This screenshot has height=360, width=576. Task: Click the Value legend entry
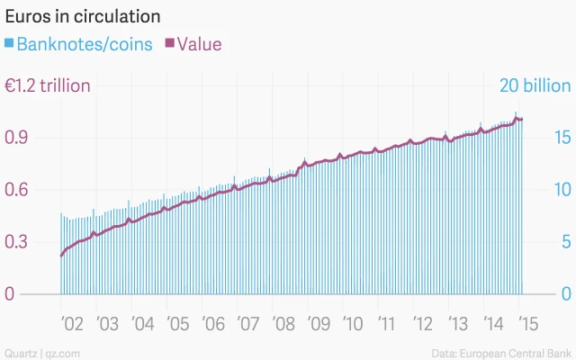pyautogui.click(x=199, y=43)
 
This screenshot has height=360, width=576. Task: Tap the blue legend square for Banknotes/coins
pyautogui.click(x=9, y=43)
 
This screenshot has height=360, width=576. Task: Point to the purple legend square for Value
pyautogui.click(x=169, y=43)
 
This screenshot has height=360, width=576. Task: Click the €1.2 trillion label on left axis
pyautogui.click(x=47, y=86)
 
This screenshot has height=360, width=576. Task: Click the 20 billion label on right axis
pyautogui.click(x=535, y=86)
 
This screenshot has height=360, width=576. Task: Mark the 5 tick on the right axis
pyautogui.click(x=564, y=242)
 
